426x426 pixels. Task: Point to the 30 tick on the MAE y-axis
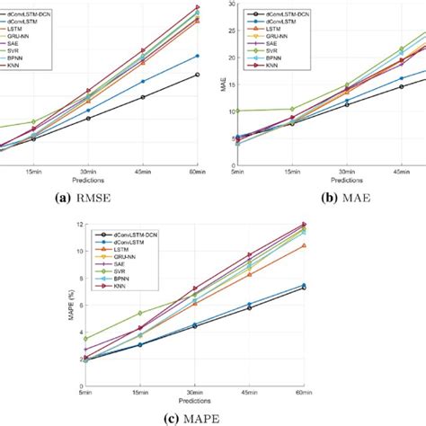230,4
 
